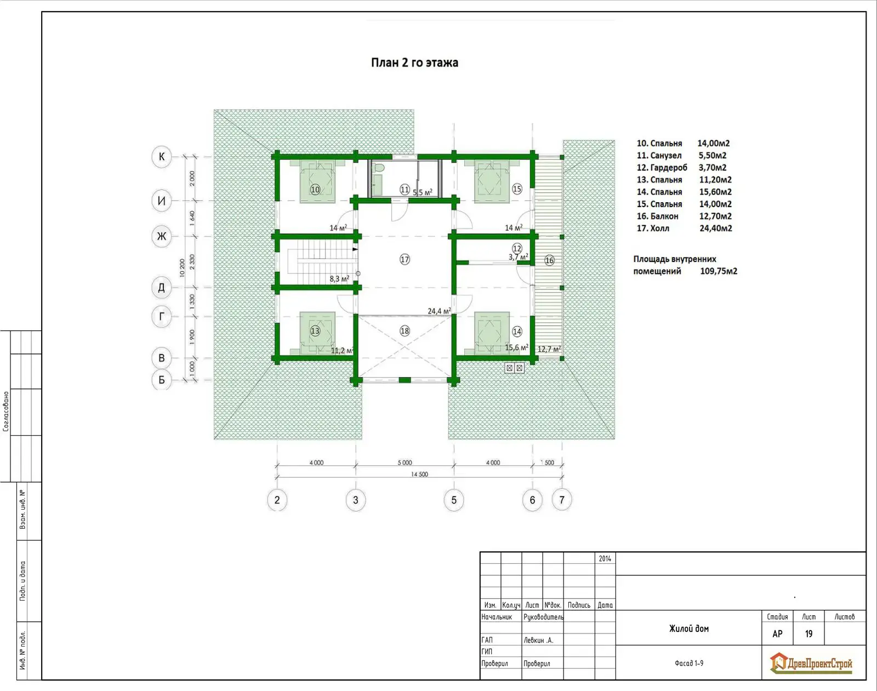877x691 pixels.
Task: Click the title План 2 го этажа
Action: [414, 63]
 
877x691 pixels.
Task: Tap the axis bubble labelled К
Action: [161, 157]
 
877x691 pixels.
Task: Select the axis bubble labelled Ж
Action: [161, 236]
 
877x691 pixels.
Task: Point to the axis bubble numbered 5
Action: [454, 500]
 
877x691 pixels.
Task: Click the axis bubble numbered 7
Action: [562, 500]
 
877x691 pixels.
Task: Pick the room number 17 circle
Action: [405, 259]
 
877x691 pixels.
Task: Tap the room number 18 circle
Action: [405, 331]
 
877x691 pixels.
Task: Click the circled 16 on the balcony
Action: [549, 260]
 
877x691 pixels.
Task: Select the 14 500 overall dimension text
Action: [419, 474]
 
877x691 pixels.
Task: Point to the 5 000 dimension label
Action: [405, 462]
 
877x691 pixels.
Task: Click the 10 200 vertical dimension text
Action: [182, 268]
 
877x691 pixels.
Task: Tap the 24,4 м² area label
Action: [439, 311]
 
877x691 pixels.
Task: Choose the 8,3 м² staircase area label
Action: [339, 279]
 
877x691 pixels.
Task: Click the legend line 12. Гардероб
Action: [662, 168]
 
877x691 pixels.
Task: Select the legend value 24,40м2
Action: [716, 228]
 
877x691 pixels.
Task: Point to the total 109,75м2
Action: [719, 271]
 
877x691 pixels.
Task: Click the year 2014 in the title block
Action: [605, 558]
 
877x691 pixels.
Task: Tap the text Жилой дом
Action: [689, 629]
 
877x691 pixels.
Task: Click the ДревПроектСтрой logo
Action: [811, 664]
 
